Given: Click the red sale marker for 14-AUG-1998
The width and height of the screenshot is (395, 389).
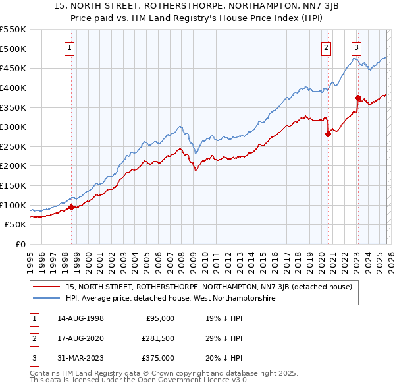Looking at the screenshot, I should click(x=71, y=207).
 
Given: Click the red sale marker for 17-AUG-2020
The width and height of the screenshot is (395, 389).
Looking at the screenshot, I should click(x=328, y=134).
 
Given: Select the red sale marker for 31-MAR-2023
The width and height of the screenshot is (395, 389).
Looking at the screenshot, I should click(x=358, y=98).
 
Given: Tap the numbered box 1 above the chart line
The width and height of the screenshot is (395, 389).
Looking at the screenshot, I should click(x=70, y=47).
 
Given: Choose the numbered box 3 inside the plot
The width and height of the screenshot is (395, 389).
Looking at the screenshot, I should click(x=356, y=47).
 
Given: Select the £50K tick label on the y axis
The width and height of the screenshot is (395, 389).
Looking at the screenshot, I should click(x=16, y=225).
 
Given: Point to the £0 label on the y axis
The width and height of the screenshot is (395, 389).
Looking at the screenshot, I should click(x=20, y=244).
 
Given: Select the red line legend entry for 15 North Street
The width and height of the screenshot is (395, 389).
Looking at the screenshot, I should click(x=209, y=287).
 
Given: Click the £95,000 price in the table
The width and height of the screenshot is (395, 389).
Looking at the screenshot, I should click(x=160, y=318).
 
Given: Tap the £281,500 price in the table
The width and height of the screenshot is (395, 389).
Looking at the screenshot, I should click(x=157, y=338).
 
